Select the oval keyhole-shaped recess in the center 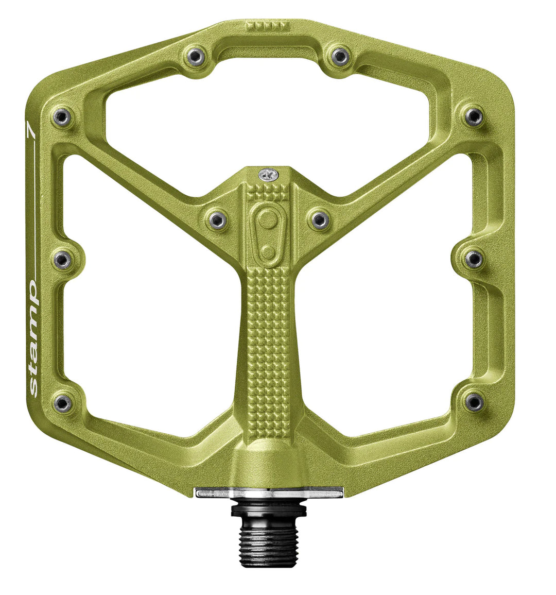(267, 232)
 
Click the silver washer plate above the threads (268, 492)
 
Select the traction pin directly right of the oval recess (319, 220)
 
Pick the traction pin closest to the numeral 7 (62, 117)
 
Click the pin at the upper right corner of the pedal (473, 116)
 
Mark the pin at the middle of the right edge (474, 259)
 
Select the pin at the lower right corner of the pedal (474, 401)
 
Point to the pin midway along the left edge (62, 260)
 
